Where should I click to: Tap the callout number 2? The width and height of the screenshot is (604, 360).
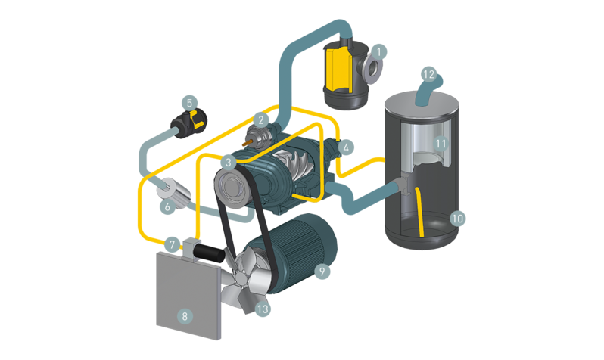260,119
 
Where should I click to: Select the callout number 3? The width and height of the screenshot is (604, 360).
229,161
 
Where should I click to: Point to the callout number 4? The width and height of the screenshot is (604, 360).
346,147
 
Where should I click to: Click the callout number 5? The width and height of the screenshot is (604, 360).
190,101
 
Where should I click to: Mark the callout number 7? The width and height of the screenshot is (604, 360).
173,245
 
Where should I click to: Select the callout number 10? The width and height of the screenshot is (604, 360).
456,219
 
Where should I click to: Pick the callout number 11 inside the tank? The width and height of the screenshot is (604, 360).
441,141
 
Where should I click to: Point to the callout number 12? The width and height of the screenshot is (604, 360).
428,75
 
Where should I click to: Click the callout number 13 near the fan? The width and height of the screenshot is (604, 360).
262,308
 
